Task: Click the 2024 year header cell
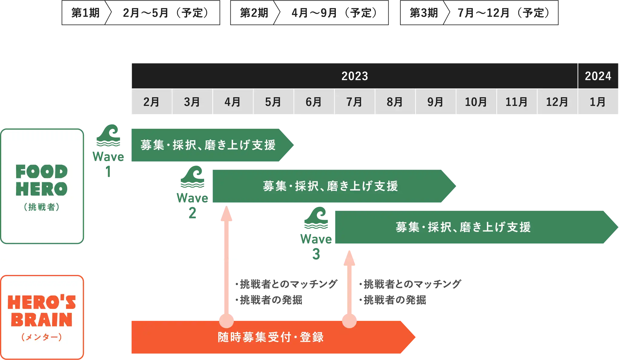598,76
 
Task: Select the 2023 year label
355,76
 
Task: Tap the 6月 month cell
313,102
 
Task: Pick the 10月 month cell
476,102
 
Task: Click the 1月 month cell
597,102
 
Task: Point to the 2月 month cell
151,102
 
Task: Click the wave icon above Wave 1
108,135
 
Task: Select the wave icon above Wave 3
316,218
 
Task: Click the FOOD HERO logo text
42,180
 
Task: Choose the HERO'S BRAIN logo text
42,311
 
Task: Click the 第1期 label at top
85,13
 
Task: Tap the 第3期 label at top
424,13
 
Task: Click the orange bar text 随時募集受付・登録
271,337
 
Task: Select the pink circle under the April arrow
226,321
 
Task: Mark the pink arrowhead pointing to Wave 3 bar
349,258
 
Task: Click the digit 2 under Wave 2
192,213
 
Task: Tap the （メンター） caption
42,337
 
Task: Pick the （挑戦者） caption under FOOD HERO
42,207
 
